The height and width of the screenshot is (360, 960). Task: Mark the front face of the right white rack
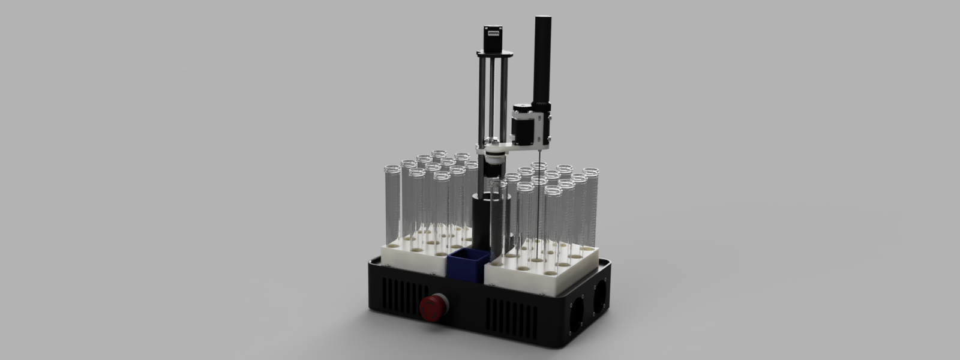tap(522, 278)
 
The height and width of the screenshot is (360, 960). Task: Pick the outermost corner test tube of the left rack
tap(391, 204)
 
